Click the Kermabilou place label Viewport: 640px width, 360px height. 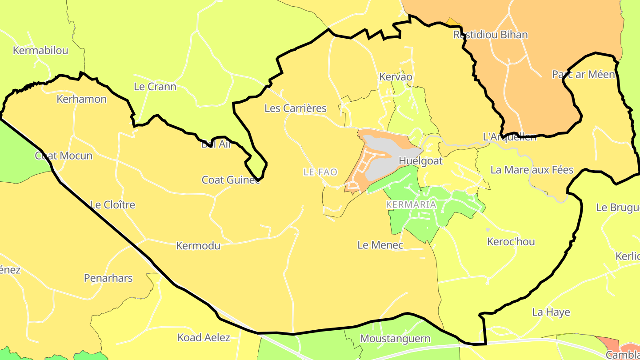(40, 51)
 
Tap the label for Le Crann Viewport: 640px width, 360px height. (155, 87)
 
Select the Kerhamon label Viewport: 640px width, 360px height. (82, 99)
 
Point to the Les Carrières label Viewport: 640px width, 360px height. (296, 108)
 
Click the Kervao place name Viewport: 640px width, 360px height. (396, 77)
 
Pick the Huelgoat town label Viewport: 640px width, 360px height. (420, 161)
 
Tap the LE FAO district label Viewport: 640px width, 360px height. (320, 172)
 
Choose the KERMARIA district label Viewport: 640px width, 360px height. (411, 205)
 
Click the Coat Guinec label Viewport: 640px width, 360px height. (231, 180)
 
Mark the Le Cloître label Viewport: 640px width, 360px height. (112, 205)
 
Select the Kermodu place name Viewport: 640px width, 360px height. (198, 246)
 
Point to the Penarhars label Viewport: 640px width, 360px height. (108, 278)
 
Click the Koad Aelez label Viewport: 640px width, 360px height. (204, 337)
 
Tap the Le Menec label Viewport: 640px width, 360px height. (380, 245)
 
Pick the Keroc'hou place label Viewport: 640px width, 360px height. (511, 242)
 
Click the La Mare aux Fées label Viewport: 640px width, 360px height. (532, 170)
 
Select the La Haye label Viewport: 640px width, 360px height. (551, 312)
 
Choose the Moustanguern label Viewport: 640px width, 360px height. (395, 339)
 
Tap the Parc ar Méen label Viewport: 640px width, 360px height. (583, 74)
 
